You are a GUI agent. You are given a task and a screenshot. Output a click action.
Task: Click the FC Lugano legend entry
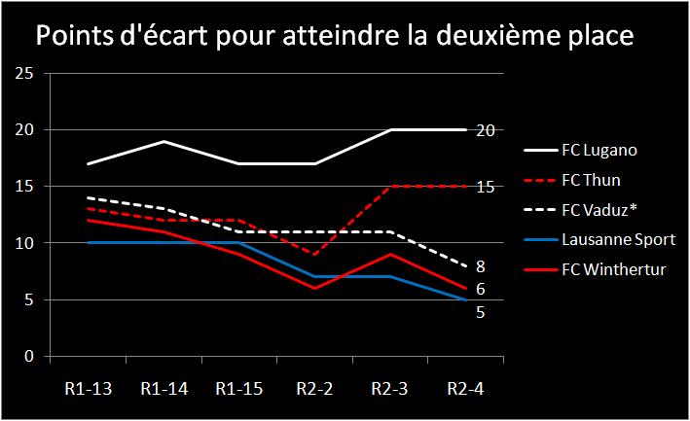599,151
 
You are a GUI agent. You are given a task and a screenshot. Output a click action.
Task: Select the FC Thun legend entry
591,180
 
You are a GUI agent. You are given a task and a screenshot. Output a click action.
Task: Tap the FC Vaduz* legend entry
596,209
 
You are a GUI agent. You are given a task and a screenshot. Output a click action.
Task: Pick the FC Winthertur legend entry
607,268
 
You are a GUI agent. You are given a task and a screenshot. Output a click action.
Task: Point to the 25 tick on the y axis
25,74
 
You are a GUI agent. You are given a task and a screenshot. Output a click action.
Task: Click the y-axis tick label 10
25,244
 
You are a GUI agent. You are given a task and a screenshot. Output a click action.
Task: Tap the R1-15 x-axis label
237,389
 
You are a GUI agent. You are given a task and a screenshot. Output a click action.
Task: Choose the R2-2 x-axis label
313,389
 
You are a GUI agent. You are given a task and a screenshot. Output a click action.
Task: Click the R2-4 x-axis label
465,389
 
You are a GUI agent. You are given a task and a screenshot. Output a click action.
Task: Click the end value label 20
486,130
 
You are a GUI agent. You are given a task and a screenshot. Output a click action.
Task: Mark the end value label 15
486,187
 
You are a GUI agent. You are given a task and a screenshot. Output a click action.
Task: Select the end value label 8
481,266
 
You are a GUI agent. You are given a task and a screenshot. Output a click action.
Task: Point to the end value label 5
481,313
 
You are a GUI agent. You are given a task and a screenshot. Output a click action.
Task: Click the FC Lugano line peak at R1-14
162,141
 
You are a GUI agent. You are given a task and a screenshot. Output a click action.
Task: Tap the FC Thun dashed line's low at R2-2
313,255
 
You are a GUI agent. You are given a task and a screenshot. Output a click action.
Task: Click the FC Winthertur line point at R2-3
389,255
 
